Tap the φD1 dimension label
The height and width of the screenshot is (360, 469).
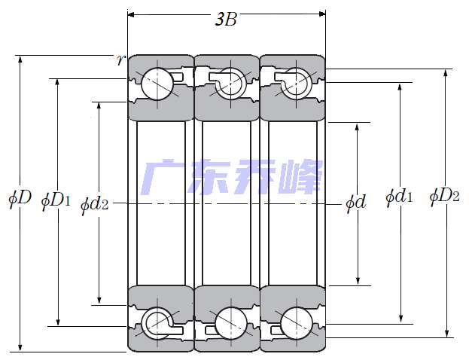(x=56, y=200)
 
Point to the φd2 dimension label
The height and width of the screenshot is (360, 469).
(x=95, y=203)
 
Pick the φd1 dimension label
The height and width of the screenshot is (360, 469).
(x=399, y=197)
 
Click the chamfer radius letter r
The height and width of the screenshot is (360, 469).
(x=120, y=59)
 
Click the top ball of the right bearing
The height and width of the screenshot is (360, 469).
(x=296, y=81)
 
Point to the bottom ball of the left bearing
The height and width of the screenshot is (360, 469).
(x=159, y=322)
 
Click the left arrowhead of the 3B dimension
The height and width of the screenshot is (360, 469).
(x=132, y=13)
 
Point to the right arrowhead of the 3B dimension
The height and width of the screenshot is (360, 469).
(x=322, y=13)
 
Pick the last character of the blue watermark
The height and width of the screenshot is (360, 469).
(x=300, y=178)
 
